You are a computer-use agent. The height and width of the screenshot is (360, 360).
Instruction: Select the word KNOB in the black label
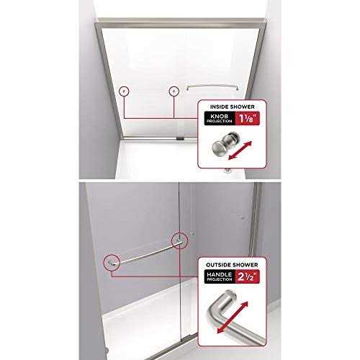pyautogui.click(x=219, y=117)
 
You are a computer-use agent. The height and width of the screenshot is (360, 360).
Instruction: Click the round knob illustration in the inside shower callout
pyautogui.click(x=224, y=143)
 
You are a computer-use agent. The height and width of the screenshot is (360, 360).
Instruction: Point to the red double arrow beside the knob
pyautogui.click(x=240, y=150)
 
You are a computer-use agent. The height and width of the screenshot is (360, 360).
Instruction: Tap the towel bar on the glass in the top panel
pyautogui.click(x=212, y=86)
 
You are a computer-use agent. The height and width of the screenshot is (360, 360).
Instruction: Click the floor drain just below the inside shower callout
pyautogui.click(x=227, y=171)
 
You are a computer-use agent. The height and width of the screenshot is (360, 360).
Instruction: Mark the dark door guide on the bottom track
pyautogui.click(x=180, y=138)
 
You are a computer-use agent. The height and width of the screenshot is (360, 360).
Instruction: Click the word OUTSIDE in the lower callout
pyautogui.click(x=217, y=265)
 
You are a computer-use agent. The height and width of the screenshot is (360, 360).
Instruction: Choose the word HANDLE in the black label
pyautogui.click(x=220, y=274)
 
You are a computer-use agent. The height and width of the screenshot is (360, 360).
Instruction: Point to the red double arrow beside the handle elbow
pyautogui.click(x=233, y=318)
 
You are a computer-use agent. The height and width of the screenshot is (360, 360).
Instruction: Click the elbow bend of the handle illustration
pyautogui.click(x=213, y=312)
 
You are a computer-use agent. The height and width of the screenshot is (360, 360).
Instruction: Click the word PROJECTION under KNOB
pyautogui.click(x=220, y=122)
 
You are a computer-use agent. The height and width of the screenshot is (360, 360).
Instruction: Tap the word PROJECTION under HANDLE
pyautogui.click(x=220, y=279)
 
